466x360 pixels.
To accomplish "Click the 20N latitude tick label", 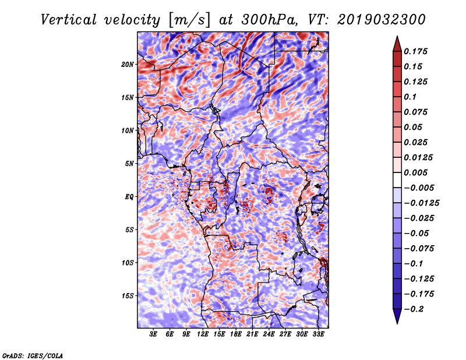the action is click(128, 65).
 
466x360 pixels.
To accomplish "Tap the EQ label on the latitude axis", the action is click(129, 197).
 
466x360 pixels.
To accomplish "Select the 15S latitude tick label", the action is click(128, 296).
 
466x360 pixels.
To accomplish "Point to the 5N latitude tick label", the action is click(129, 164).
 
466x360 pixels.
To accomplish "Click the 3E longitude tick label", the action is click(153, 334).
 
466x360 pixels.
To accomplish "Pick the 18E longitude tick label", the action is click(236, 334).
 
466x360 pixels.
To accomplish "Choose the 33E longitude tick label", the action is click(318, 334).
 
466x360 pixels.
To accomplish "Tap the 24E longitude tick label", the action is click(269, 334).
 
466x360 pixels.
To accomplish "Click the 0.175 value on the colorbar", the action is click(415, 51).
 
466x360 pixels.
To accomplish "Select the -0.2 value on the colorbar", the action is click(414, 309).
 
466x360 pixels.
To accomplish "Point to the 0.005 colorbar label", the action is click(415, 172).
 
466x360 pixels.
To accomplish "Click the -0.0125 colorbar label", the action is click(421, 203).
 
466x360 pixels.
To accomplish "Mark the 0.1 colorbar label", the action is click(410, 97).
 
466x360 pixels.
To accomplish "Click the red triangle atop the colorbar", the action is click(397, 44).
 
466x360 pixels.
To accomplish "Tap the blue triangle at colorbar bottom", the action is click(397, 316).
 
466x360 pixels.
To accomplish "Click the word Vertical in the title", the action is click(69, 20).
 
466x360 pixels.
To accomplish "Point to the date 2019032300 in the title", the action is click(381, 20).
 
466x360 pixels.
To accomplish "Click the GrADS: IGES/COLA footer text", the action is click(33, 356).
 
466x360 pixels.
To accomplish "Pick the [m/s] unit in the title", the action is click(189, 20).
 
